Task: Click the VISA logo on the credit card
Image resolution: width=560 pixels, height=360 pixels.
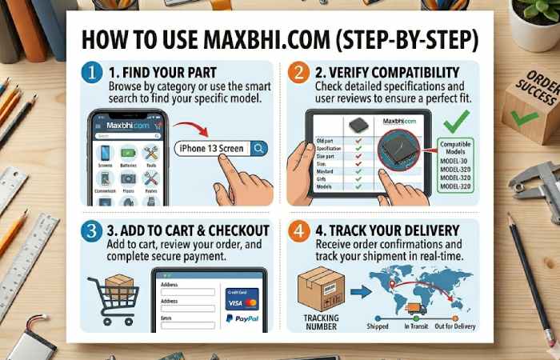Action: coord(234,303)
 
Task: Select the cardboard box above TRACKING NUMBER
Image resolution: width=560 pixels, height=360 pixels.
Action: coord(321,287)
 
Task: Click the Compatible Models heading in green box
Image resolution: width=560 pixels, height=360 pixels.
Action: coord(458,147)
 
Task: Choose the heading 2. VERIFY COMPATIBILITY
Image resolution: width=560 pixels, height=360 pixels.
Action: coord(386,73)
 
